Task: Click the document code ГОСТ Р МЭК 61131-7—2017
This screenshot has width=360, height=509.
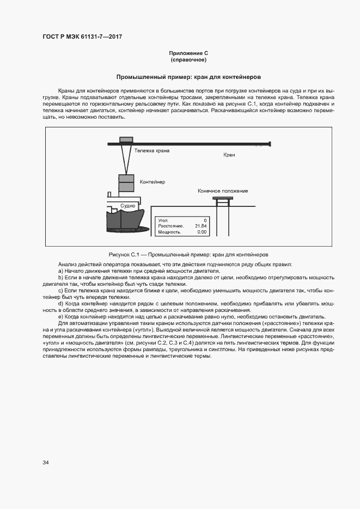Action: click(x=82, y=36)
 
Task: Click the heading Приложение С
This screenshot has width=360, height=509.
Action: click(x=188, y=53)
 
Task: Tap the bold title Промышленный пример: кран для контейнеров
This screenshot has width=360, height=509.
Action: click(x=188, y=77)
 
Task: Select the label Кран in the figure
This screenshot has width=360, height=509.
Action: click(x=229, y=155)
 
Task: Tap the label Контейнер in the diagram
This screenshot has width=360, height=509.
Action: click(x=152, y=181)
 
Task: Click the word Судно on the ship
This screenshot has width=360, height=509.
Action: click(x=128, y=206)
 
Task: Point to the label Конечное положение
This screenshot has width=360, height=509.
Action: click(x=223, y=191)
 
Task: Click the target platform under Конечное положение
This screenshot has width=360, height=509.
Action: click(x=222, y=199)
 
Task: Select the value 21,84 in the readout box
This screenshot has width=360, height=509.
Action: click(x=200, y=226)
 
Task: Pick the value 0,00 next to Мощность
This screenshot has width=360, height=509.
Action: click(x=202, y=232)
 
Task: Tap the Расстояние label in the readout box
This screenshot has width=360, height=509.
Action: click(x=170, y=226)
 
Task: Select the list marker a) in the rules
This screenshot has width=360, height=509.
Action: click(x=60, y=271)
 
